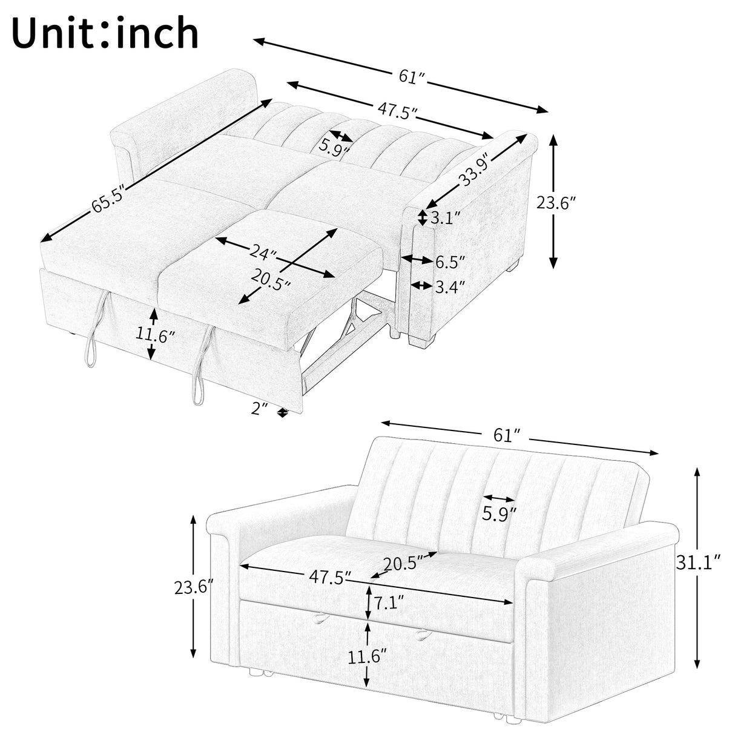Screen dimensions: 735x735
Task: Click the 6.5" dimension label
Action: [x=450, y=262]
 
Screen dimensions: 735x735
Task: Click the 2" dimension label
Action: [x=260, y=409]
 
